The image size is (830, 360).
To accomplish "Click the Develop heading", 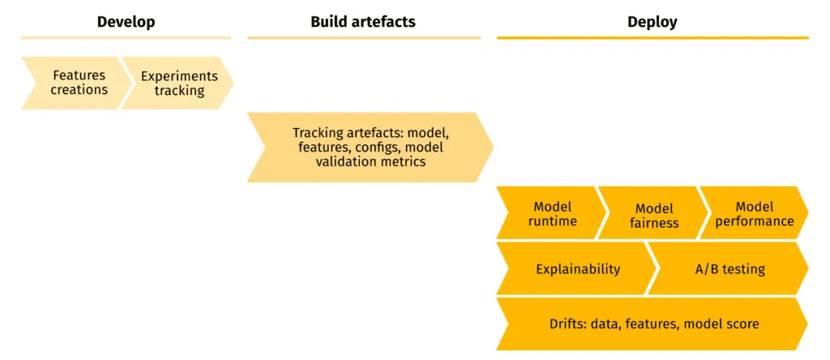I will point(126,22).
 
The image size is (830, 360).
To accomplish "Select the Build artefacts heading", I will point(362,22).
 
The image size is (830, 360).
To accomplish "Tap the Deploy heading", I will point(652,22).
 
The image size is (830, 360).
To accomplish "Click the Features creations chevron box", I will point(77,83).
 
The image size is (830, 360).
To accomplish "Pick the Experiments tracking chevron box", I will point(178,83).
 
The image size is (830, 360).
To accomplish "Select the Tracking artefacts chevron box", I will point(370,147).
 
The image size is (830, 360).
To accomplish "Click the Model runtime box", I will point(551,213).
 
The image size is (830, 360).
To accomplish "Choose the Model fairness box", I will point(652,215).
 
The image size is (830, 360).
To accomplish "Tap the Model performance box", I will point(753,213).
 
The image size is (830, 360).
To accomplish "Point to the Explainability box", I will point(577,269).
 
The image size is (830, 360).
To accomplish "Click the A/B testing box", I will point(729,269).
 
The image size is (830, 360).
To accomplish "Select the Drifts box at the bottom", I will point(652,324).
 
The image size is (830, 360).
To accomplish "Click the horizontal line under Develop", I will point(126,38).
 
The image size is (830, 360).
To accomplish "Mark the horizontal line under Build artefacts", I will point(363,38).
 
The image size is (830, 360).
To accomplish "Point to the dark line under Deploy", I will point(652,38).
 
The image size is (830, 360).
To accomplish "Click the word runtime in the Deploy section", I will point(553,221).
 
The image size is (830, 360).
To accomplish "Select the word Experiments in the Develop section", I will point(179,76).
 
